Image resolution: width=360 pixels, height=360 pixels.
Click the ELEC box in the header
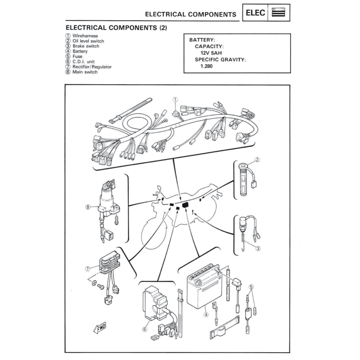point(255,13)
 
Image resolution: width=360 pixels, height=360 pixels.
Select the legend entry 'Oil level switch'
point(88,41)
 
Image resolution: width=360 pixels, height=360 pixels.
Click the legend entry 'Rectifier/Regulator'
point(92,66)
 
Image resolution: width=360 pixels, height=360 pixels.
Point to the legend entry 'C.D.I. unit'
point(83,62)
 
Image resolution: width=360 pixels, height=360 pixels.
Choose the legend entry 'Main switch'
point(85,72)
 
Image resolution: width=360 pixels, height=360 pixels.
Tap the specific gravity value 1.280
point(206,66)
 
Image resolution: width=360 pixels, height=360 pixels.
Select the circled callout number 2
point(257,160)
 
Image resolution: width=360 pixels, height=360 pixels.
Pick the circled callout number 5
point(251,287)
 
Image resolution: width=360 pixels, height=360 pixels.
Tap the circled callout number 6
point(144,329)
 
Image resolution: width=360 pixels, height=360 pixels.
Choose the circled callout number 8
point(88,207)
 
